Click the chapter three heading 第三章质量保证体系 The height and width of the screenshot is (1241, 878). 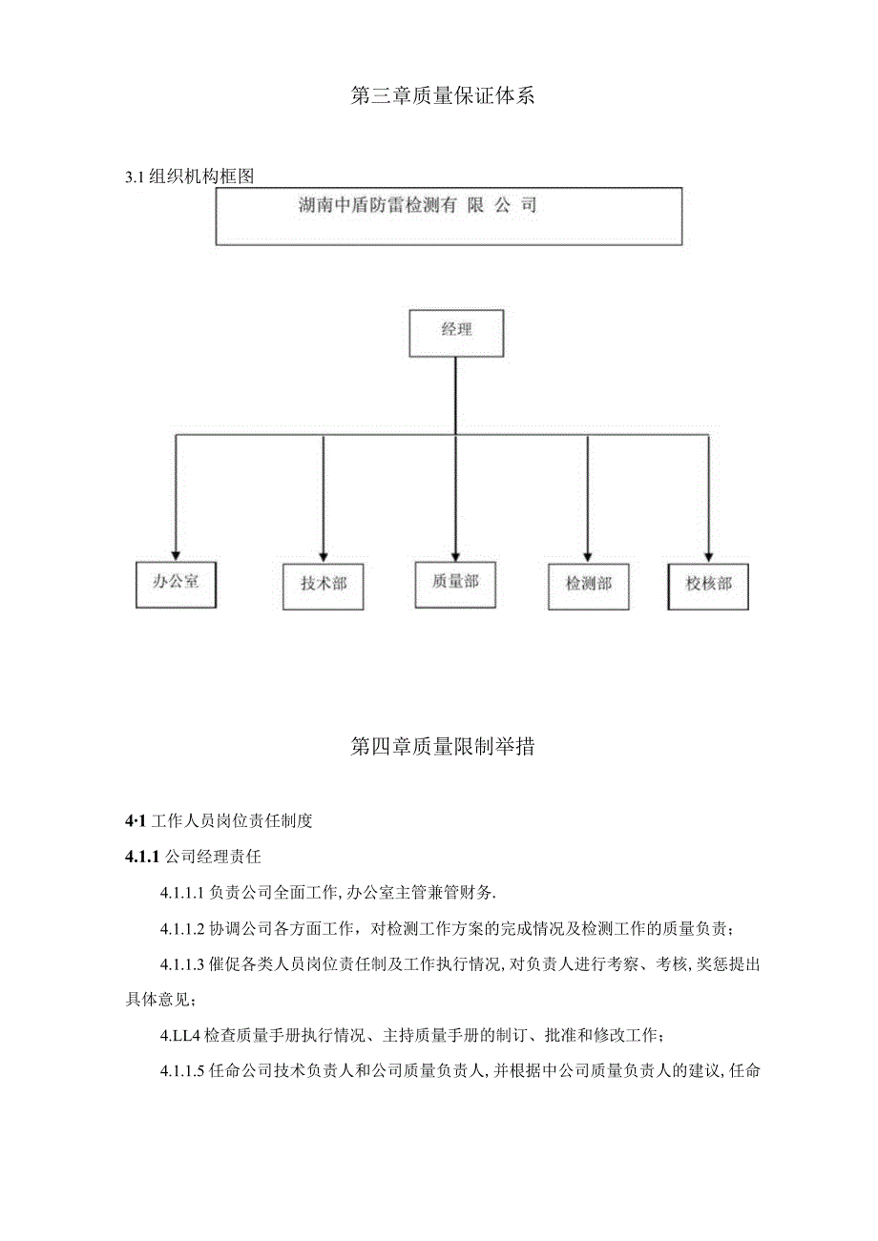(x=438, y=95)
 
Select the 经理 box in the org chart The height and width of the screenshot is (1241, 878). (x=456, y=332)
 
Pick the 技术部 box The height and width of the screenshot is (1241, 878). (x=324, y=584)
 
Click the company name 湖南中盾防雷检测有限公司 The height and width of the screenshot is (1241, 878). (x=418, y=205)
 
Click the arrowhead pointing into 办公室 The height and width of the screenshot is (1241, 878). (x=175, y=551)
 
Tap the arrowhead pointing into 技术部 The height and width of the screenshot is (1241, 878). (x=324, y=553)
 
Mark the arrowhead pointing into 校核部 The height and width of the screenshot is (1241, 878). (x=708, y=553)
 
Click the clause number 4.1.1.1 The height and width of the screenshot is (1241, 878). (x=183, y=893)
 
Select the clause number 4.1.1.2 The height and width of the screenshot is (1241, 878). (x=183, y=929)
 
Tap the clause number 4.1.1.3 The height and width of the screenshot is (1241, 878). (x=183, y=964)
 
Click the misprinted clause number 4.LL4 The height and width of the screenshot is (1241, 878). (x=182, y=1036)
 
